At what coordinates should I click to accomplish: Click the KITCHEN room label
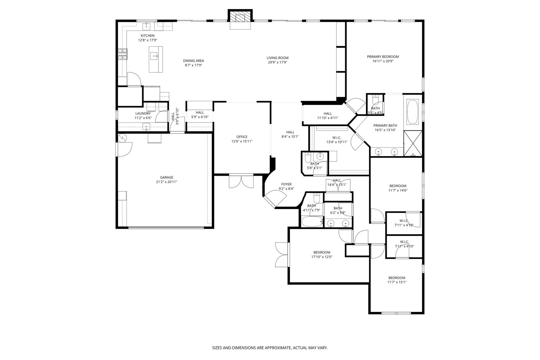(148, 36)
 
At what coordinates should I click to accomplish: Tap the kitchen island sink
(154, 55)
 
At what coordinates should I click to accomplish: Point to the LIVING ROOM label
(277, 58)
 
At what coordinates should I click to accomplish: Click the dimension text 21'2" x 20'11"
(166, 182)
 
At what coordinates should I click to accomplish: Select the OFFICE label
(242, 137)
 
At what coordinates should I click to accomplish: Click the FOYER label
(286, 184)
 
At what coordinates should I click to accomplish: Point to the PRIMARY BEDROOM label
(383, 57)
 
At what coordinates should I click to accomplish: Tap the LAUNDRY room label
(143, 113)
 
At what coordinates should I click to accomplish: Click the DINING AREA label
(193, 61)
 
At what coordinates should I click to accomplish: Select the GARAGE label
(166, 177)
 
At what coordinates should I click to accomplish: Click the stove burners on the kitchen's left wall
(122, 54)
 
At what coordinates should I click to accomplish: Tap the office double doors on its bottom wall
(241, 181)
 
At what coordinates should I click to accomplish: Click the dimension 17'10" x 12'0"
(322, 257)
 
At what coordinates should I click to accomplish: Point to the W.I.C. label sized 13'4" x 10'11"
(337, 138)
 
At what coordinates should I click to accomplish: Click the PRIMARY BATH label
(385, 126)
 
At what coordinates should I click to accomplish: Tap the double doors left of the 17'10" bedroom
(282, 254)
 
